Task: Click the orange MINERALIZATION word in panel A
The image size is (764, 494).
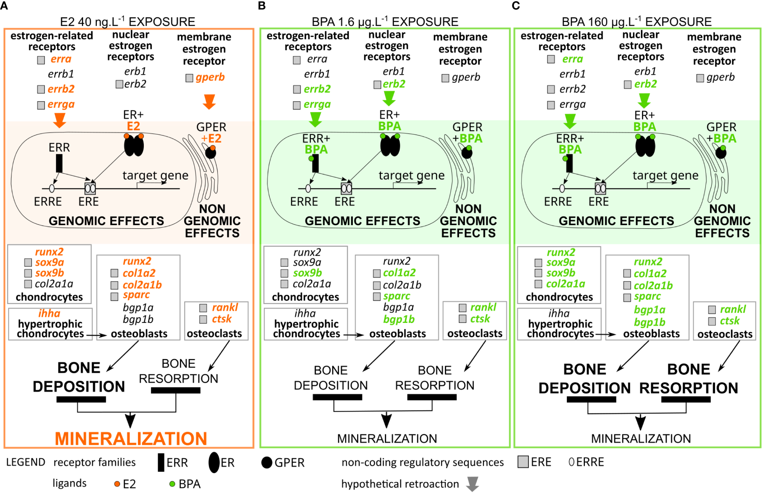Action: (131, 438)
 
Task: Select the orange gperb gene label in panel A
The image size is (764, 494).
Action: (210, 77)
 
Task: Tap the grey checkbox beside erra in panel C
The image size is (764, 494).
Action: (551, 59)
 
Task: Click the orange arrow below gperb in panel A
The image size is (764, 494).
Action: (209, 102)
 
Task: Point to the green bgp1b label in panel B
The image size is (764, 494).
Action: (399, 319)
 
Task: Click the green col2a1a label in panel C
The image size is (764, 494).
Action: (566, 284)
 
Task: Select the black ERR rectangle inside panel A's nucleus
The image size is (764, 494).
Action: (59, 163)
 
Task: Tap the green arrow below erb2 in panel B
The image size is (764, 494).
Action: (389, 98)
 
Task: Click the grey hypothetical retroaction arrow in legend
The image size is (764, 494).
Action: (472, 484)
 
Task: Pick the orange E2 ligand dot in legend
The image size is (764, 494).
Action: (117, 484)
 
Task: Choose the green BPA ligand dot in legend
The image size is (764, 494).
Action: (172, 484)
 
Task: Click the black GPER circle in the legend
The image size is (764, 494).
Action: (267, 463)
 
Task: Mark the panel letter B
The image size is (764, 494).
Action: (262, 5)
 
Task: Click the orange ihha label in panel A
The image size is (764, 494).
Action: (49, 314)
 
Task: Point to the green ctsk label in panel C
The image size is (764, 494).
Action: (730, 321)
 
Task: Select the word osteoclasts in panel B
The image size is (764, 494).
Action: (475, 334)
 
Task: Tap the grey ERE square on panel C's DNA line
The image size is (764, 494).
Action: (600, 188)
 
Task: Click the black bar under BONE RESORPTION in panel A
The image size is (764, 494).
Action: (176, 390)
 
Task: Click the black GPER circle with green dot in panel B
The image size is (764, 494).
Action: (466, 152)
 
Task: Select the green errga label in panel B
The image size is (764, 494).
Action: (317, 104)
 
